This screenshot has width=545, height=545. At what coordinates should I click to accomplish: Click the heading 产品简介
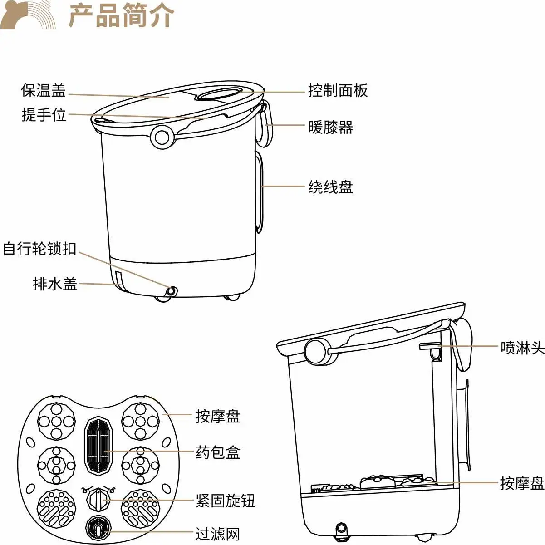click(x=121, y=15)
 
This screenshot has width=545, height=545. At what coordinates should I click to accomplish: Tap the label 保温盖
click(x=44, y=90)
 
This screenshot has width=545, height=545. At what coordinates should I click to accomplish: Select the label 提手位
click(x=44, y=115)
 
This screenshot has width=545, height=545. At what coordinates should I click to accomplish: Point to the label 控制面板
click(x=338, y=90)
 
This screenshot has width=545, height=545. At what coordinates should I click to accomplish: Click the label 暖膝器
click(x=331, y=127)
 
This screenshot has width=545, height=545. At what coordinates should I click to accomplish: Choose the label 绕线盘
click(x=331, y=187)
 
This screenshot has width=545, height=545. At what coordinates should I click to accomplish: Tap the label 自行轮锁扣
click(x=39, y=249)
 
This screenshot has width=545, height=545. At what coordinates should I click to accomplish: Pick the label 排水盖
click(x=55, y=284)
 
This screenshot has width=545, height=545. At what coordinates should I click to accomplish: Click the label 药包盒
click(x=218, y=452)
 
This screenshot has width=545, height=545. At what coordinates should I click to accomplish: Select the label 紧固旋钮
click(x=226, y=501)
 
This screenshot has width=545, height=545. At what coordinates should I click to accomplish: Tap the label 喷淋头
click(x=523, y=347)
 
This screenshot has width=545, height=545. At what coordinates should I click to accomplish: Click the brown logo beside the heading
click(x=28, y=15)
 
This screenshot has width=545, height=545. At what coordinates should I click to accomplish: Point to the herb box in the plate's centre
click(x=98, y=445)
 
